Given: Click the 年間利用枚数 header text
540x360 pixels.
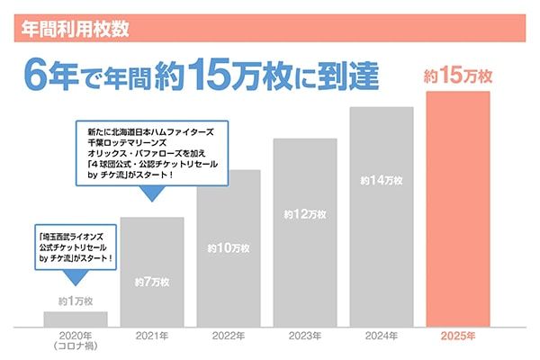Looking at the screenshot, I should (x=75, y=27).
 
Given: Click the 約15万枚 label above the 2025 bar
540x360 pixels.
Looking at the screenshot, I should (x=458, y=77).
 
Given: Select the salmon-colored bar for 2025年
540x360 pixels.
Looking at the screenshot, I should (x=458, y=216).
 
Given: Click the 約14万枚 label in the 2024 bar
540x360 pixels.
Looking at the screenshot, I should (x=382, y=180).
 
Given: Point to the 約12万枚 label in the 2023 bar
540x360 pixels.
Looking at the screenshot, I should (x=305, y=215).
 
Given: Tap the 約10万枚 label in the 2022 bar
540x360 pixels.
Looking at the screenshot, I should (x=229, y=247).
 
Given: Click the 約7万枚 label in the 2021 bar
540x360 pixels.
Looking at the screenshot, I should (x=152, y=282).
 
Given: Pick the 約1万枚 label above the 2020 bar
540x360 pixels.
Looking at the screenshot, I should (x=76, y=300).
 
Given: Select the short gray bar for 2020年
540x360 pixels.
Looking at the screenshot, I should (x=76, y=319).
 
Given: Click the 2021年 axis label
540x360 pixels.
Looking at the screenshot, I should (x=152, y=336).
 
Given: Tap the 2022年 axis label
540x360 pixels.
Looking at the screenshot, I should (x=229, y=336).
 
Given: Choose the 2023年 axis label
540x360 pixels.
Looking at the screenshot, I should (x=305, y=336).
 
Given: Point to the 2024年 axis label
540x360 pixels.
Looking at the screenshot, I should (x=382, y=336).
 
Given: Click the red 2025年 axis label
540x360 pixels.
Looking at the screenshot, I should (x=458, y=336).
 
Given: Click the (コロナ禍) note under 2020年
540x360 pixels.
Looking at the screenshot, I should (x=76, y=347).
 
